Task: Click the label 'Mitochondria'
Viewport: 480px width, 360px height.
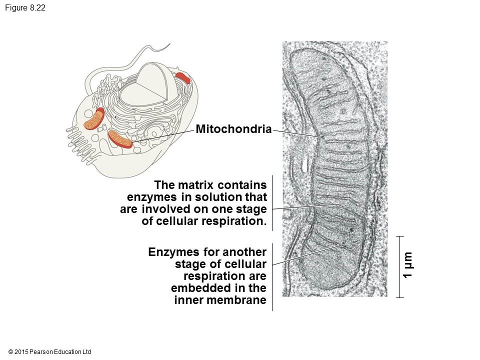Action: coord(233,129)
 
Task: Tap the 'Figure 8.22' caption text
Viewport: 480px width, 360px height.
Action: coord(25,8)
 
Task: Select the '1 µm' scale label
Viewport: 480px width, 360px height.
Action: coord(408,266)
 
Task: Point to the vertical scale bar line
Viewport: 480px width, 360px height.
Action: coord(399,266)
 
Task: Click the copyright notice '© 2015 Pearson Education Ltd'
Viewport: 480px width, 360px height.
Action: coord(50,352)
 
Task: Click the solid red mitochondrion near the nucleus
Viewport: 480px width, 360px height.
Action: coord(183,77)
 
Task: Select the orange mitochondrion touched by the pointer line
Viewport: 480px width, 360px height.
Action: coord(120,138)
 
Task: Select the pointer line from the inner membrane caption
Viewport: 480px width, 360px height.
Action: coord(305,254)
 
